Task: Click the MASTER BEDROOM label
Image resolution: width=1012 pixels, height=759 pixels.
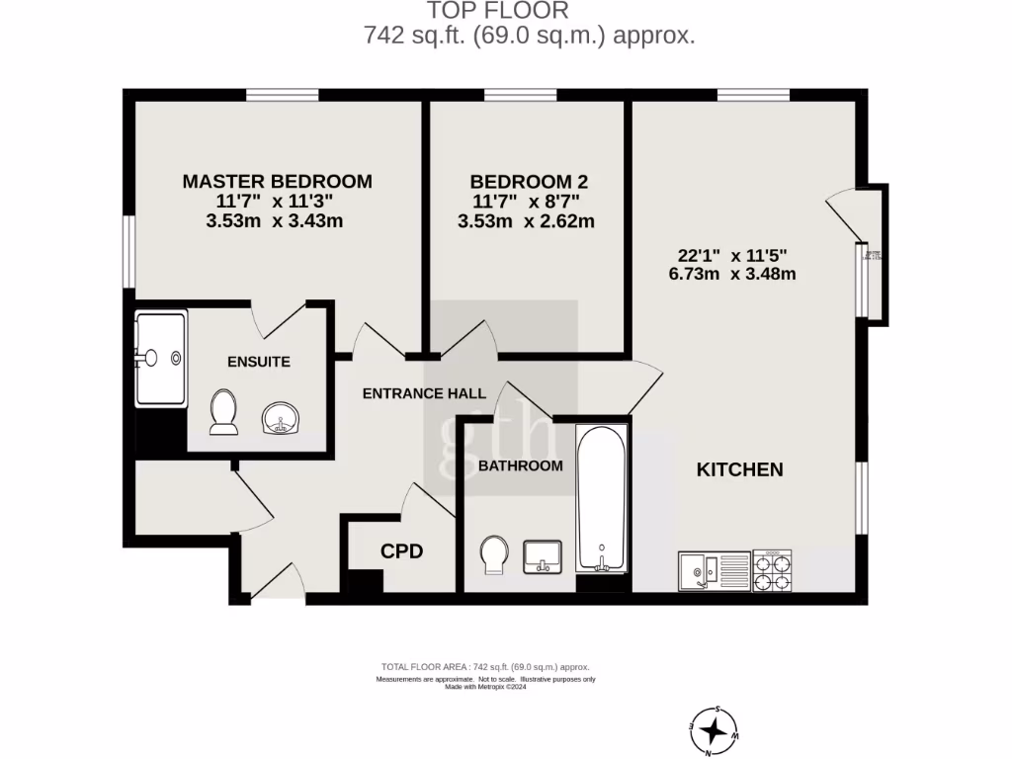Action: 277,182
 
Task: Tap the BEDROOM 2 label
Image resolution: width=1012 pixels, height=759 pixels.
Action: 529,182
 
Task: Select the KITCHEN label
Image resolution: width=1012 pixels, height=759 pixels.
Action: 740,469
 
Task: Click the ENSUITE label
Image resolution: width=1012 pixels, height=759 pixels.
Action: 259,362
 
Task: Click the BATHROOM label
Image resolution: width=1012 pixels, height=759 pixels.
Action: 520,465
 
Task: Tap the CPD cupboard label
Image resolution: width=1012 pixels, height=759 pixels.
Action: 402,551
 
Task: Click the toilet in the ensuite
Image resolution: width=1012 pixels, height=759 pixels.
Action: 223,412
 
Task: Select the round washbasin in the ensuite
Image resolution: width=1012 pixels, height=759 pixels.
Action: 281,419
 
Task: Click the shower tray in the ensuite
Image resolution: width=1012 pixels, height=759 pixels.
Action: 160,358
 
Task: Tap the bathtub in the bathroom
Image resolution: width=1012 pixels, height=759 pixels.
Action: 601,498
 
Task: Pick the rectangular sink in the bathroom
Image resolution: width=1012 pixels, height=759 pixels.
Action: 542,555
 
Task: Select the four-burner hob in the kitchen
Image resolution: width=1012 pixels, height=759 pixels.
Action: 773,570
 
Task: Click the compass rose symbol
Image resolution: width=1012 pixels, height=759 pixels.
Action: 713,731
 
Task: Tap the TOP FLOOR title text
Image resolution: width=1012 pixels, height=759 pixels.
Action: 497,11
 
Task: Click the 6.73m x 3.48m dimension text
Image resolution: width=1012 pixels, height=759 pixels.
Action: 732,274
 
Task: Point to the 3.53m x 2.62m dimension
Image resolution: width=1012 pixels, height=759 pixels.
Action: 526,221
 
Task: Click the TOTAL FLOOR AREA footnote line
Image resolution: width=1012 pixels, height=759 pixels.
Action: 484,667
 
